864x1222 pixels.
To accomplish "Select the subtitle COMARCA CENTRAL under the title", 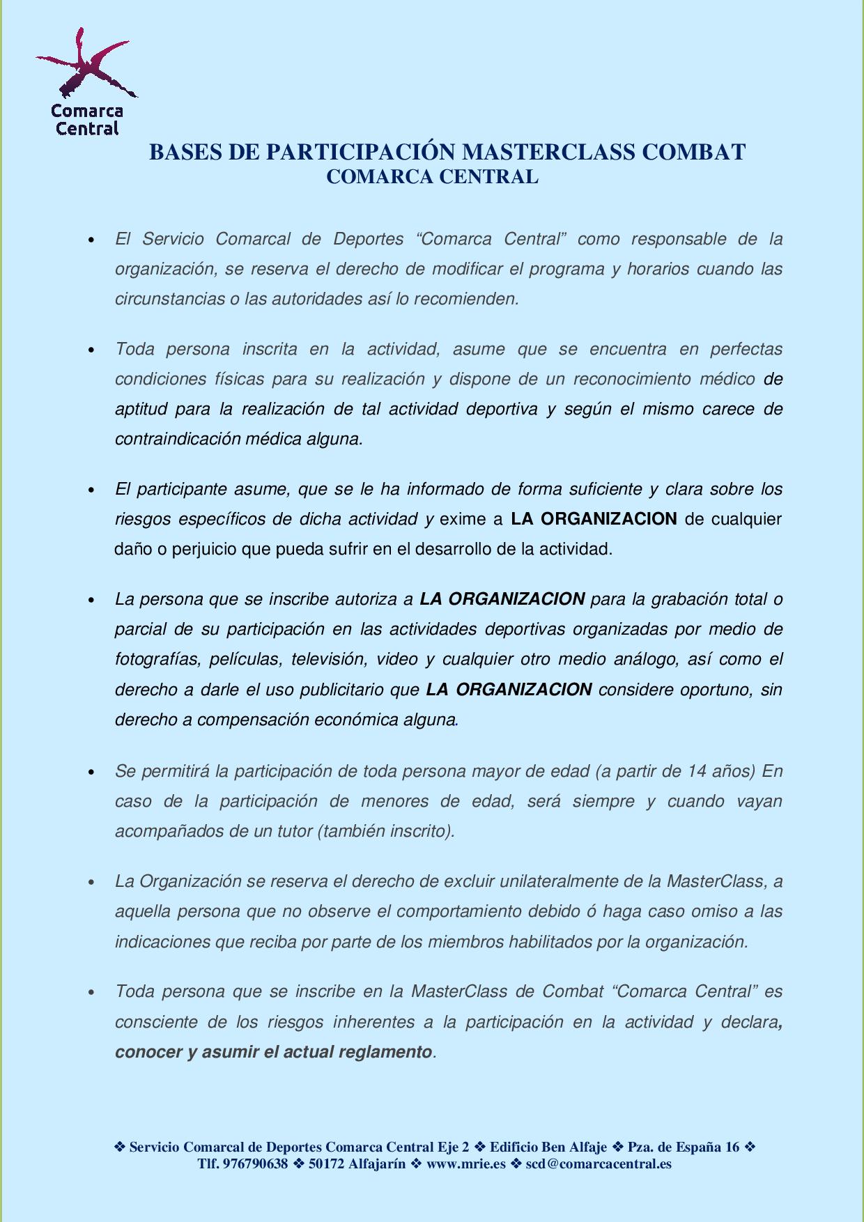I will click(432, 177).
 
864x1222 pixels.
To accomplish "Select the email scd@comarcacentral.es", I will click(599, 1163).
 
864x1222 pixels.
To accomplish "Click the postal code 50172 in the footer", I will click(326, 1163).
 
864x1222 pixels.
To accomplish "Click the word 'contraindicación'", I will click(178, 439).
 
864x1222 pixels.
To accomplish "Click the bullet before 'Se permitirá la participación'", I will click(91, 772).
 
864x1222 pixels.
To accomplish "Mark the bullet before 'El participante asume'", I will click(91, 490).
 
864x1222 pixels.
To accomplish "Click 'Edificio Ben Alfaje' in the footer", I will click(548, 1147).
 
